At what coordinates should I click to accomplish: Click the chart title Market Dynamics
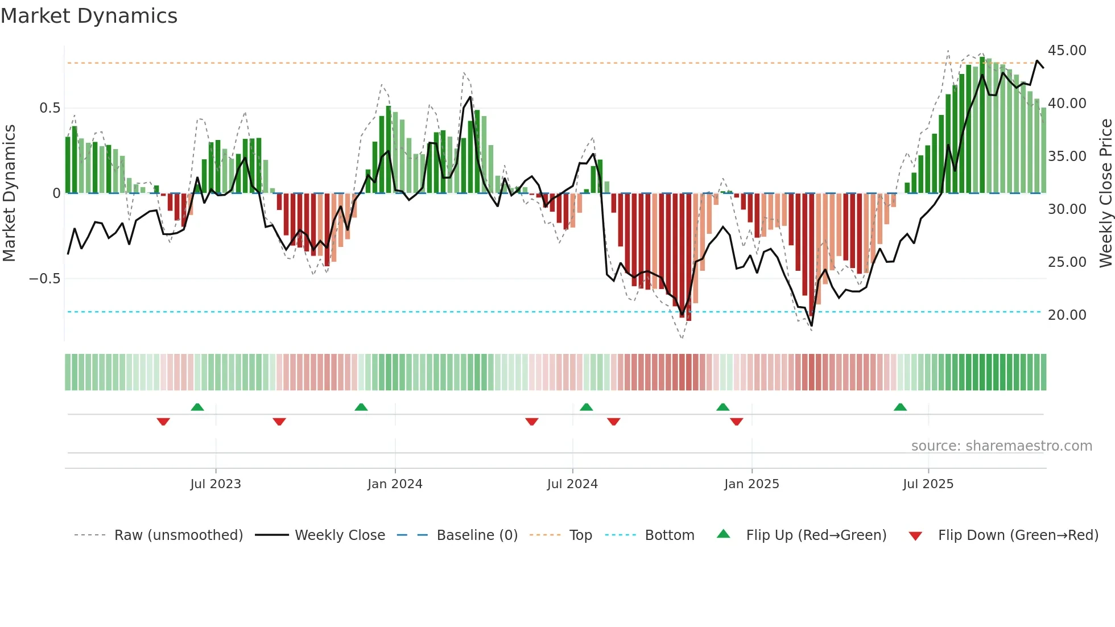coord(89,16)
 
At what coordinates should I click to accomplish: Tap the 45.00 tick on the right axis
coord(1067,51)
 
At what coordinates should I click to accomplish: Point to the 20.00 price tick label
coord(1067,315)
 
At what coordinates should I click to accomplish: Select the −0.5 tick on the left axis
coord(44,279)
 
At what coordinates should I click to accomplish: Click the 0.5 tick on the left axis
coord(49,108)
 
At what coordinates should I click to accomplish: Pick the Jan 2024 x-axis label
coord(395,484)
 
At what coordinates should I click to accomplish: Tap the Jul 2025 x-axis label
coord(928,484)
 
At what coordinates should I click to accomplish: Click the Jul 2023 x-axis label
coord(216,484)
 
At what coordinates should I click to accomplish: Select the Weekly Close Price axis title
coord(1105,193)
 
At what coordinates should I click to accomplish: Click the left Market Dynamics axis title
coord(9,193)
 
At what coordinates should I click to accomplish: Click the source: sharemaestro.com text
coord(1001,446)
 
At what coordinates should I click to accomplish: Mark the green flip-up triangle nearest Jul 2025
coord(900,407)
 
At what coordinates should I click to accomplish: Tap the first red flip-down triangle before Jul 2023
coord(163,422)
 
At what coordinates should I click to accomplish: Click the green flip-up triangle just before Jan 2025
coord(722,407)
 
